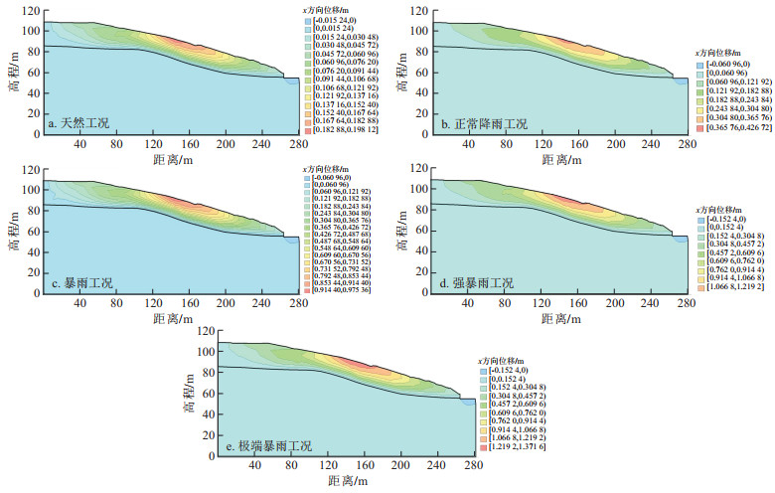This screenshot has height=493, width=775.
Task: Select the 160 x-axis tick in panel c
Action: tap(164, 306)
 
